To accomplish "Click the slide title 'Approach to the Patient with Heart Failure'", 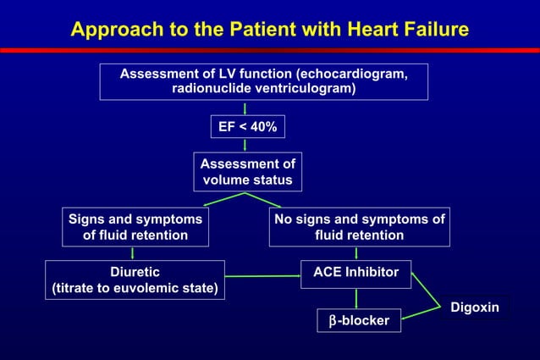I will coord(269,30).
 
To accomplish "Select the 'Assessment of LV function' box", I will coord(263,81).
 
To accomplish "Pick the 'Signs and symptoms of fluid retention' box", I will coord(135,227).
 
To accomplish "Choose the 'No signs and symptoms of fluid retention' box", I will coord(359,227).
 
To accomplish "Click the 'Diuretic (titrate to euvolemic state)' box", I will coord(135,280).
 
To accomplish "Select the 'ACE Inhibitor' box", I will coord(356,274).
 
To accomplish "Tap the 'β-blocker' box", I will coord(360,320).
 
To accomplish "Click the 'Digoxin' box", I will coord(474,307).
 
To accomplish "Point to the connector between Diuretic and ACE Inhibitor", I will coord(263,276).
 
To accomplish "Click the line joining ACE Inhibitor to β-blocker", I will coord(356,297).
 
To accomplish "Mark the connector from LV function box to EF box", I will coord(245,108).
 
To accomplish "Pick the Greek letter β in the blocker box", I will coord(333,321).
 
